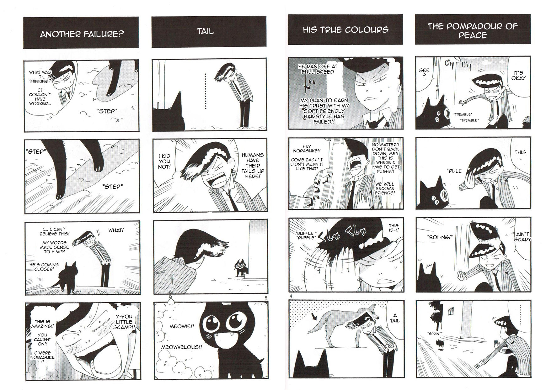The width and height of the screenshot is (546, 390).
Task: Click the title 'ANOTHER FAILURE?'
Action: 82,34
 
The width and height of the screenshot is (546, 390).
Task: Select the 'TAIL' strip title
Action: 206,31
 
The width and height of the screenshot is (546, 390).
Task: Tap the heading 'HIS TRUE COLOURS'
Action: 345,30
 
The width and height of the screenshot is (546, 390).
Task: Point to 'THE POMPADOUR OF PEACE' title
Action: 473,30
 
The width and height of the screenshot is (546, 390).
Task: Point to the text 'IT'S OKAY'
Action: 518,75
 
